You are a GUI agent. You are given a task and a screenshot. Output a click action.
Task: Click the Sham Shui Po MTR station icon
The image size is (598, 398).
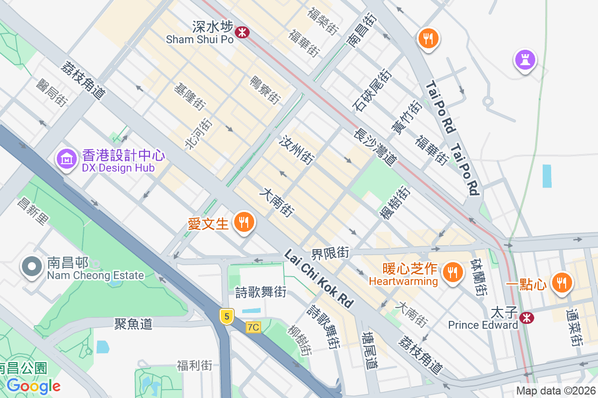point(242,32)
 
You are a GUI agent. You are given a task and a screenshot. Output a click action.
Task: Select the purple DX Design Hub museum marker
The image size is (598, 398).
point(66,159)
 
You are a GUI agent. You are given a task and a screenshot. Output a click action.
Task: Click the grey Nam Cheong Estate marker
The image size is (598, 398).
point(31,267)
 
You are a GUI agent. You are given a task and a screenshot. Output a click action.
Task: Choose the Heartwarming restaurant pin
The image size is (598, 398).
point(452,272)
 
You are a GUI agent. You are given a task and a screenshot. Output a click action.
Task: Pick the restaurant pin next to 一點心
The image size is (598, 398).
point(562,283)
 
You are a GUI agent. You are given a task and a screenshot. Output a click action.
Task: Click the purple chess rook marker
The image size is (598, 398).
point(525,60)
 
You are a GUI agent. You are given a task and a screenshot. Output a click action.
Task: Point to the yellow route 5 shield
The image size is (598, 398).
point(227,316)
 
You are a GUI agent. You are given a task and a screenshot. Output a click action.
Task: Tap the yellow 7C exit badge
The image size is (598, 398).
point(253,327)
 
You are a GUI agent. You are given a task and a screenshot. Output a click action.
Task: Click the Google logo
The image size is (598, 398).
point(33,386)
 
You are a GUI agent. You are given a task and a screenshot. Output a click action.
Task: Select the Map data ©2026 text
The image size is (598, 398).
point(556,391)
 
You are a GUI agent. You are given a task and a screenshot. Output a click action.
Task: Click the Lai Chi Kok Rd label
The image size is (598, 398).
point(318,278)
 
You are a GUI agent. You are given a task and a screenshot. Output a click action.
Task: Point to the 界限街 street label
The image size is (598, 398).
point(330,252)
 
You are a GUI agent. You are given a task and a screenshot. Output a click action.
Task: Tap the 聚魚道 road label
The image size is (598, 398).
point(133,324)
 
